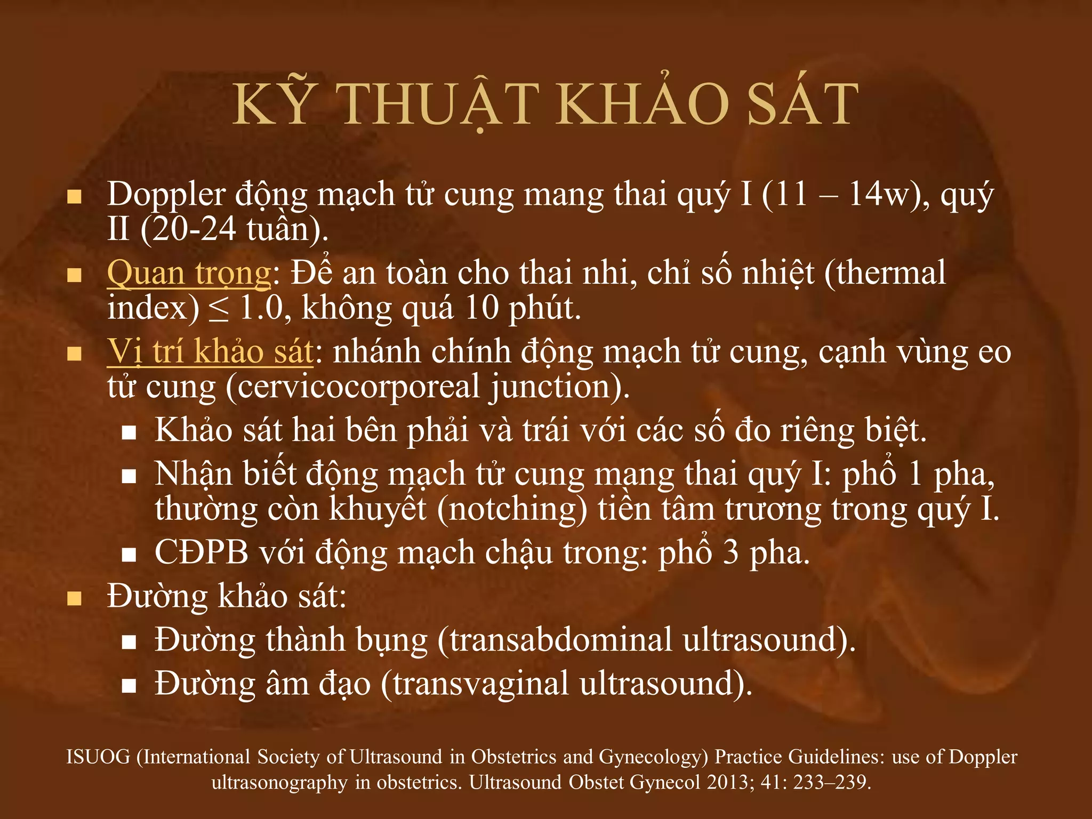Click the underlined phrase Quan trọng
(x=189, y=274)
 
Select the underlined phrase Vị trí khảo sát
(x=210, y=352)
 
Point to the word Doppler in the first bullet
(x=166, y=195)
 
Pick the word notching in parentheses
(x=512, y=509)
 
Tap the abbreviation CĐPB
(x=202, y=552)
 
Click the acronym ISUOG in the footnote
(x=98, y=757)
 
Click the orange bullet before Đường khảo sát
(x=74, y=598)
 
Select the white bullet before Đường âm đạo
(x=129, y=686)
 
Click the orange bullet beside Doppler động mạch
(x=74, y=197)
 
